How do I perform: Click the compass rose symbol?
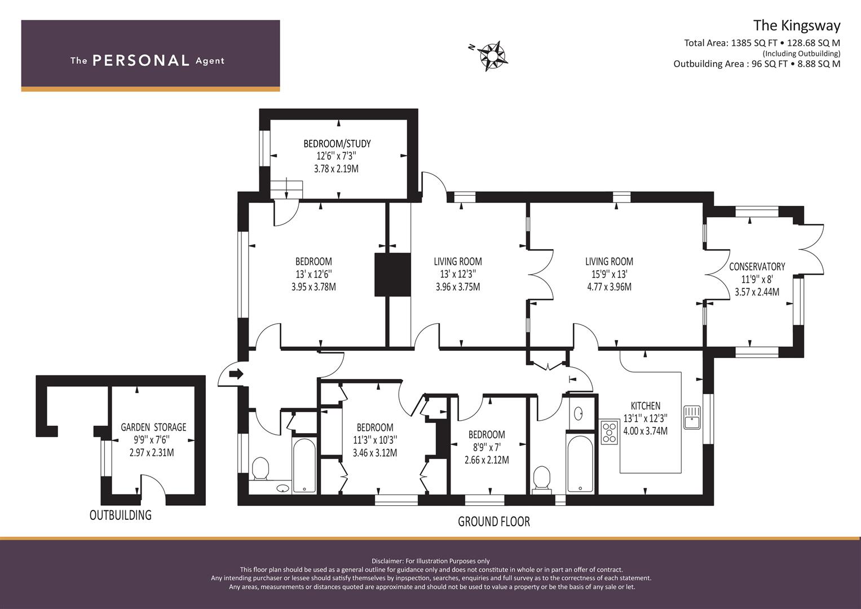tap(493, 56)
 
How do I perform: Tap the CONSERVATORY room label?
tap(757, 267)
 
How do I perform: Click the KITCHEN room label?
tap(645, 405)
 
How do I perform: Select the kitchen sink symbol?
tap(692, 417)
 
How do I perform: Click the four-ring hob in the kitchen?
tap(610, 432)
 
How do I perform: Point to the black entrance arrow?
tap(236, 373)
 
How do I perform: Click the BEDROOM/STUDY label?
tap(337, 144)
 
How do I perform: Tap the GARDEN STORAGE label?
tap(153, 427)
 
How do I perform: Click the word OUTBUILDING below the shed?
tap(121, 515)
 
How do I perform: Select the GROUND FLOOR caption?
tap(493, 522)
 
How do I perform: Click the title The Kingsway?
tap(796, 25)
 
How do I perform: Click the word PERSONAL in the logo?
tap(140, 61)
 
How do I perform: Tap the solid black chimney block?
tap(392, 275)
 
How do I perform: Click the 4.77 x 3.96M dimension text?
tap(609, 286)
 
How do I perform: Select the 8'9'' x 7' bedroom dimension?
tap(486, 447)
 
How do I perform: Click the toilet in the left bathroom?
tap(260, 469)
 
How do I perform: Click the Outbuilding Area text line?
tap(756, 64)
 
